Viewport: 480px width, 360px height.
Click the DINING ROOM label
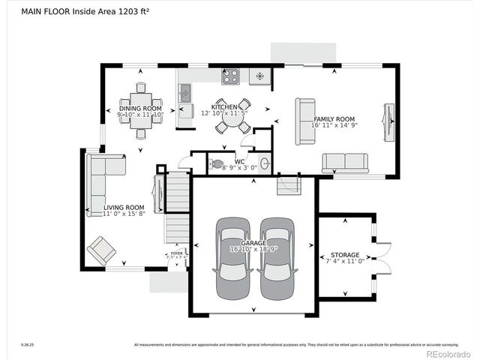click(x=140, y=108)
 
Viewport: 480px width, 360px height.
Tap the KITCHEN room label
click(x=225, y=107)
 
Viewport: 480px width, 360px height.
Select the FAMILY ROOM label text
click(x=334, y=119)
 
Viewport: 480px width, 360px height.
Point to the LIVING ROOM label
click(x=124, y=208)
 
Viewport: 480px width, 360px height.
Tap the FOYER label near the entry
click(x=176, y=253)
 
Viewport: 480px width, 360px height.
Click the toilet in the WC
click(x=216, y=163)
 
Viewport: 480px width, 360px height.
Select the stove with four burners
click(x=230, y=76)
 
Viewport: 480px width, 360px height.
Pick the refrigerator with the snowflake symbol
click(x=259, y=76)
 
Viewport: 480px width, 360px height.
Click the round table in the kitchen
click(x=233, y=117)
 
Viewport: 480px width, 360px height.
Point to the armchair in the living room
click(x=101, y=250)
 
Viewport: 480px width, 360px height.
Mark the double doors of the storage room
click(x=382, y=259)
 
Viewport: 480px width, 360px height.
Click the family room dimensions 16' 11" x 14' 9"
click(x=334, y=125)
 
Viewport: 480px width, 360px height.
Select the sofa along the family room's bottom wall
click(x=345, y=163)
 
